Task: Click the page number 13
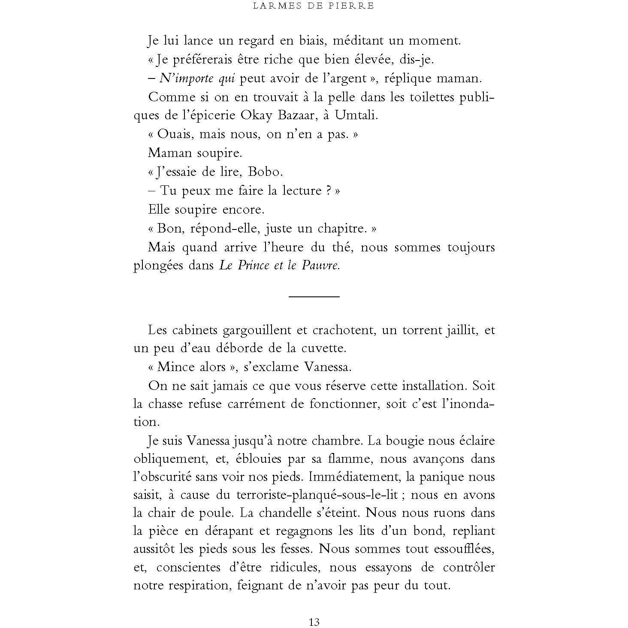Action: (314, 622)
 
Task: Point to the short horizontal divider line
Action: (314, 296)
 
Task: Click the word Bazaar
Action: (296, 116)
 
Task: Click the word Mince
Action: (174, 367)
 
